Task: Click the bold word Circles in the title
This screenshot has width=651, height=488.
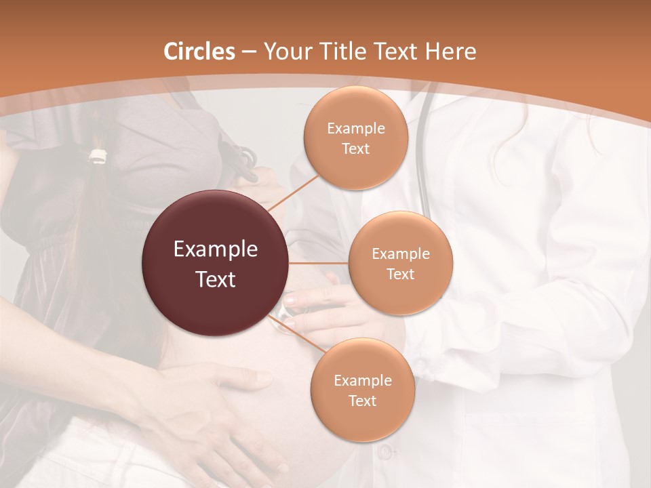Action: pos(199,51)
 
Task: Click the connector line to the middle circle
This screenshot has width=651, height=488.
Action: pos(319,263)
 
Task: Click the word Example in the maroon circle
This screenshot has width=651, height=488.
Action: pos(216,249)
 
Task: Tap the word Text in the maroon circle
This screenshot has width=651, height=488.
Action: pos(216,279)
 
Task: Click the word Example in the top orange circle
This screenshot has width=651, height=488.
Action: pos(355,129)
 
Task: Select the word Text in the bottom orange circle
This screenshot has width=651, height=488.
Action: pos(362,401)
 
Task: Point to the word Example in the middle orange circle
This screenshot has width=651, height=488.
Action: pos(400,254)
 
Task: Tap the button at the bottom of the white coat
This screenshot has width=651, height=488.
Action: pos(384,451)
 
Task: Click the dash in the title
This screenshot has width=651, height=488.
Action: pos(249,52)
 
